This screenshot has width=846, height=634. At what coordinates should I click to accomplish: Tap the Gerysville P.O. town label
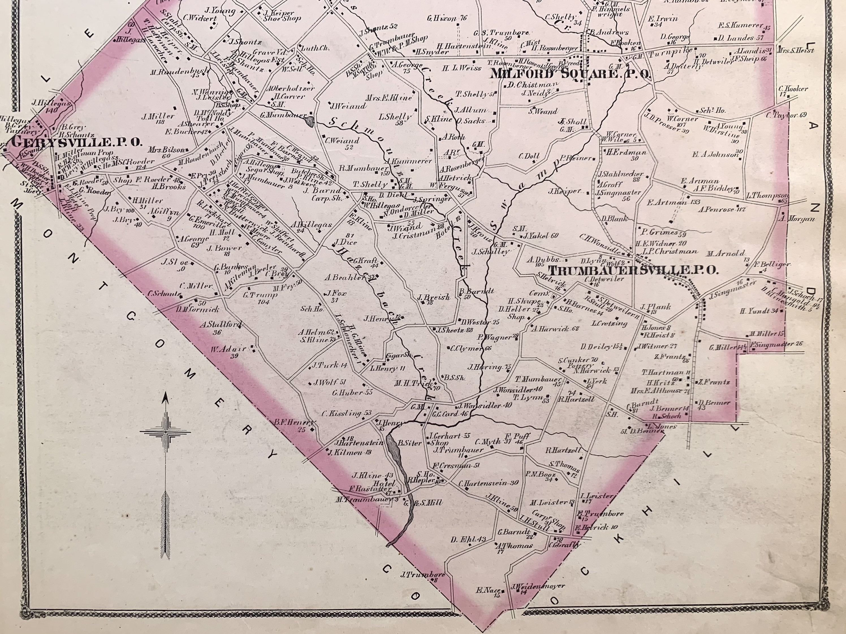click(77, 142)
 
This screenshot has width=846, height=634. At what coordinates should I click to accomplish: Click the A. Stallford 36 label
click(221, 328)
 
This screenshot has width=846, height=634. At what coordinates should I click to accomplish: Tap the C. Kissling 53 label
click(346, 413)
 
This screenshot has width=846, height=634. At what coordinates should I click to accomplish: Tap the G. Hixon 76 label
click(447, 18)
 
